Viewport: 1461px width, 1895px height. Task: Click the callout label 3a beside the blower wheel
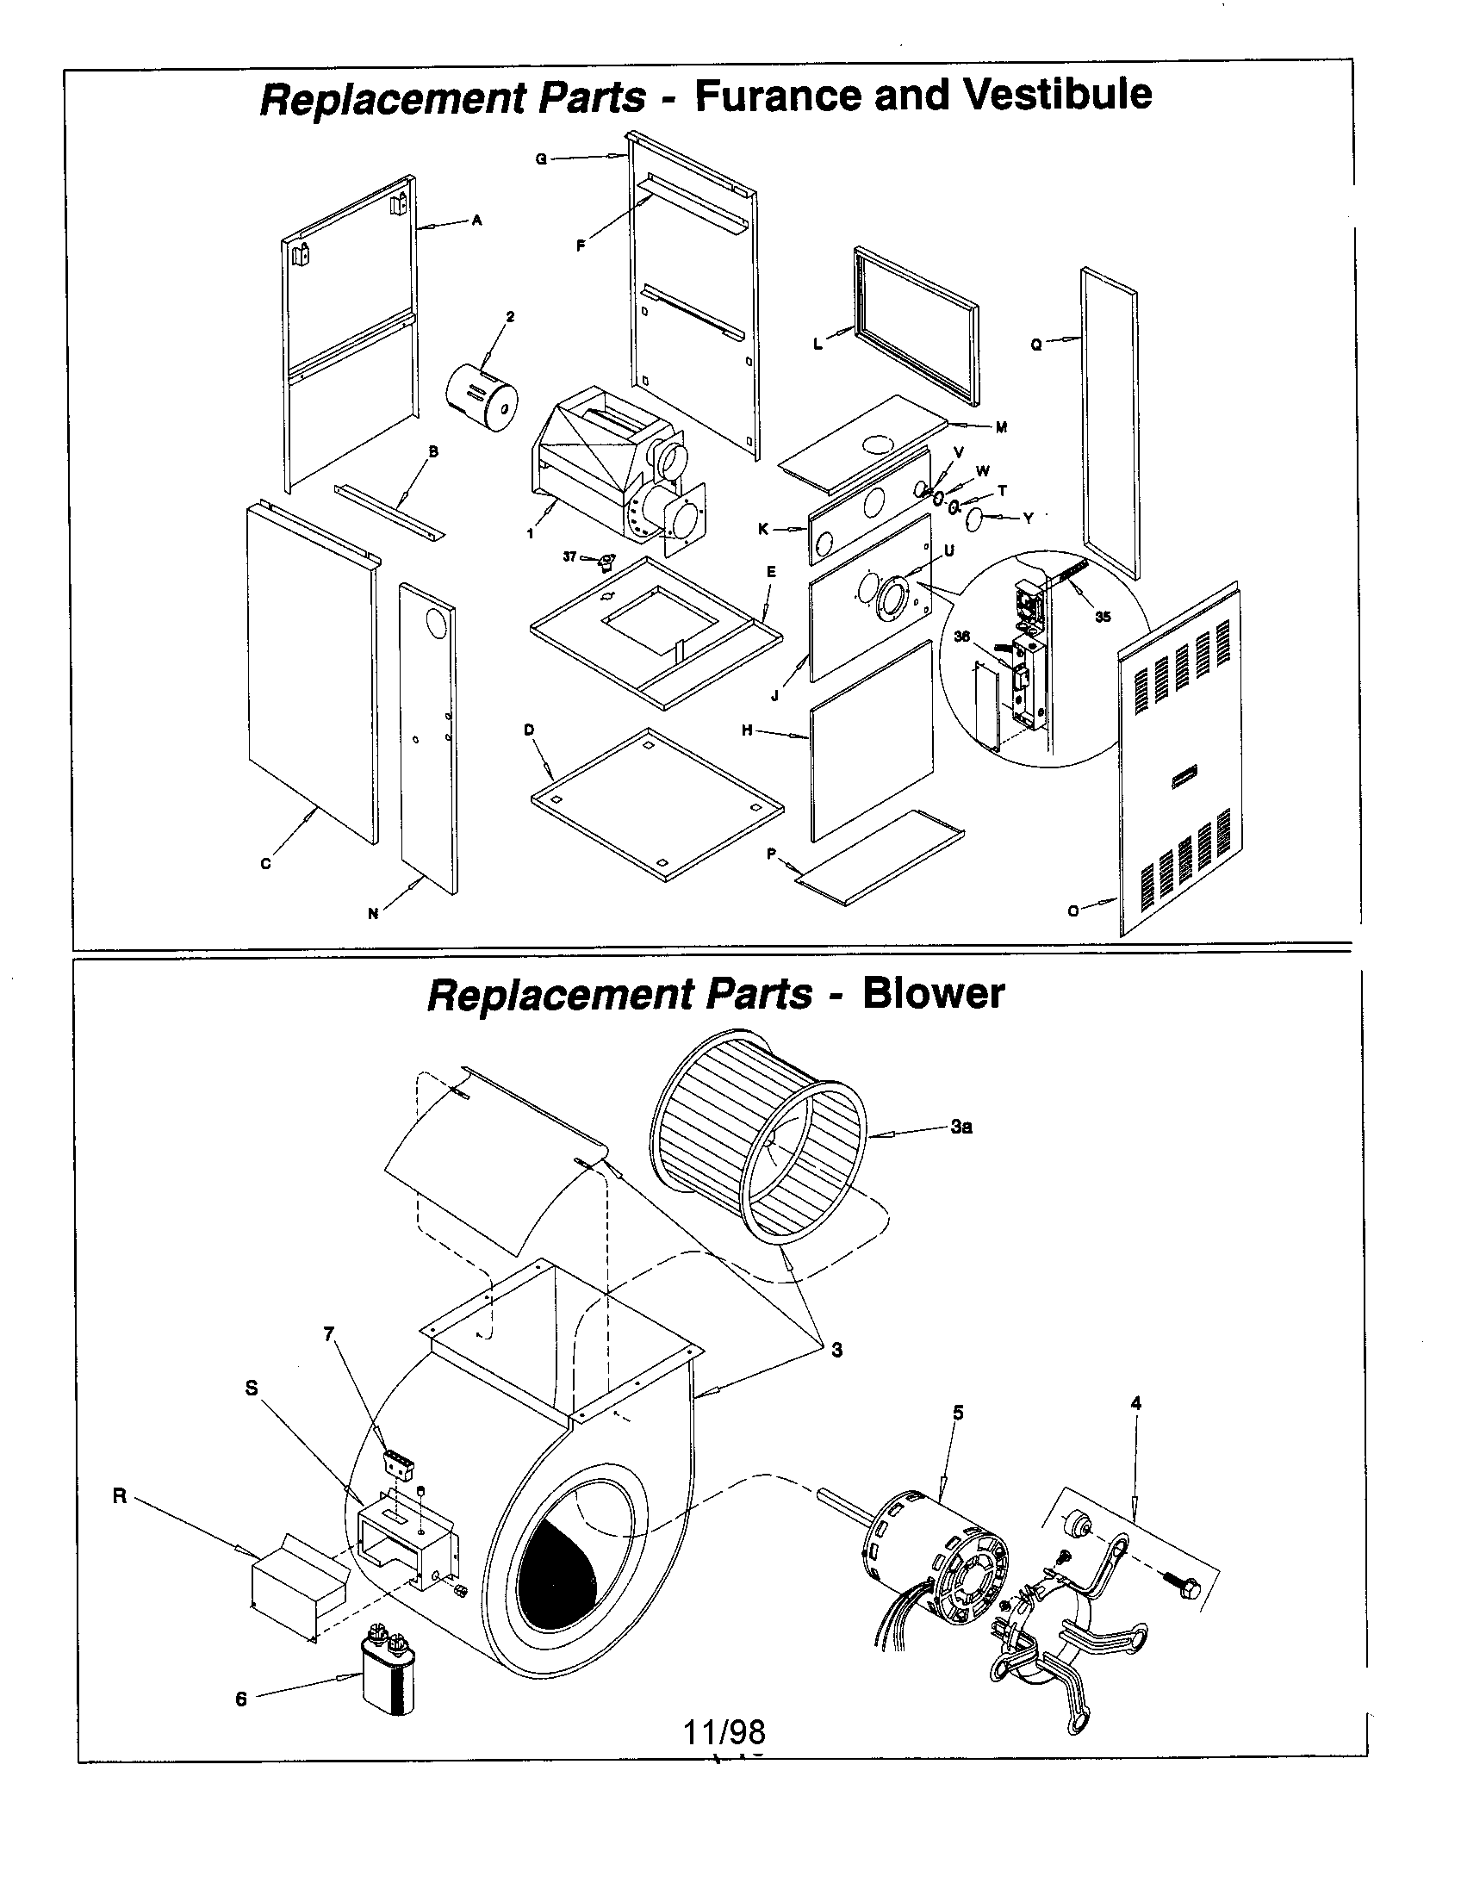(x=961, y=1128)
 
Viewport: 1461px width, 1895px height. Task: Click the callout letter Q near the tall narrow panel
(x=1036, y=345)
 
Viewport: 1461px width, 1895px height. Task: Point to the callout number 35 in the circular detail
(x=1103, y=617)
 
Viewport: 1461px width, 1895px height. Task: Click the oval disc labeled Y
(x=974, y=519)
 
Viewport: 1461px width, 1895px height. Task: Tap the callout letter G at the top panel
(x=540, y=158)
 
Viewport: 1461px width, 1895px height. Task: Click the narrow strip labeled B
(x=389, y=512)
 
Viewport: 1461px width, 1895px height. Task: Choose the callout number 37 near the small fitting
(x=569, y=557)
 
